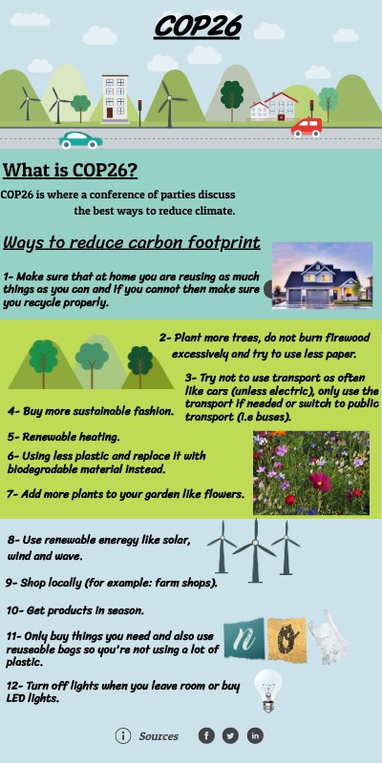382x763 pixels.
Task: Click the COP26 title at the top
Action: [x=197, y=27]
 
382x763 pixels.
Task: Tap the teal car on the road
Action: [x=81, y=139]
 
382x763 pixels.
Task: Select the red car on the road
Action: [x=307, y=126]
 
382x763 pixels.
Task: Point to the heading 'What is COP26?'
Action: [x=70, y=171]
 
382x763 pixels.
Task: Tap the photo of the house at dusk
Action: [x=322, y=276]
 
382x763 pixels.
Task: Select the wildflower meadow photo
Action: [x=310, y=473]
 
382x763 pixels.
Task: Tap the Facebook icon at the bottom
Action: [x=206, y=735]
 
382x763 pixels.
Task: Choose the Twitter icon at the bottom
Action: [x=230, y=735]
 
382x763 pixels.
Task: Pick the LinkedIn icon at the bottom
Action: [x=255, y=735]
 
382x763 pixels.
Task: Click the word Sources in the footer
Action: [x=159, y=736]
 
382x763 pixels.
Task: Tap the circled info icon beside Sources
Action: [x=123, y=735]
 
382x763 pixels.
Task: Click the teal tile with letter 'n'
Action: [x=244, y=639]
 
